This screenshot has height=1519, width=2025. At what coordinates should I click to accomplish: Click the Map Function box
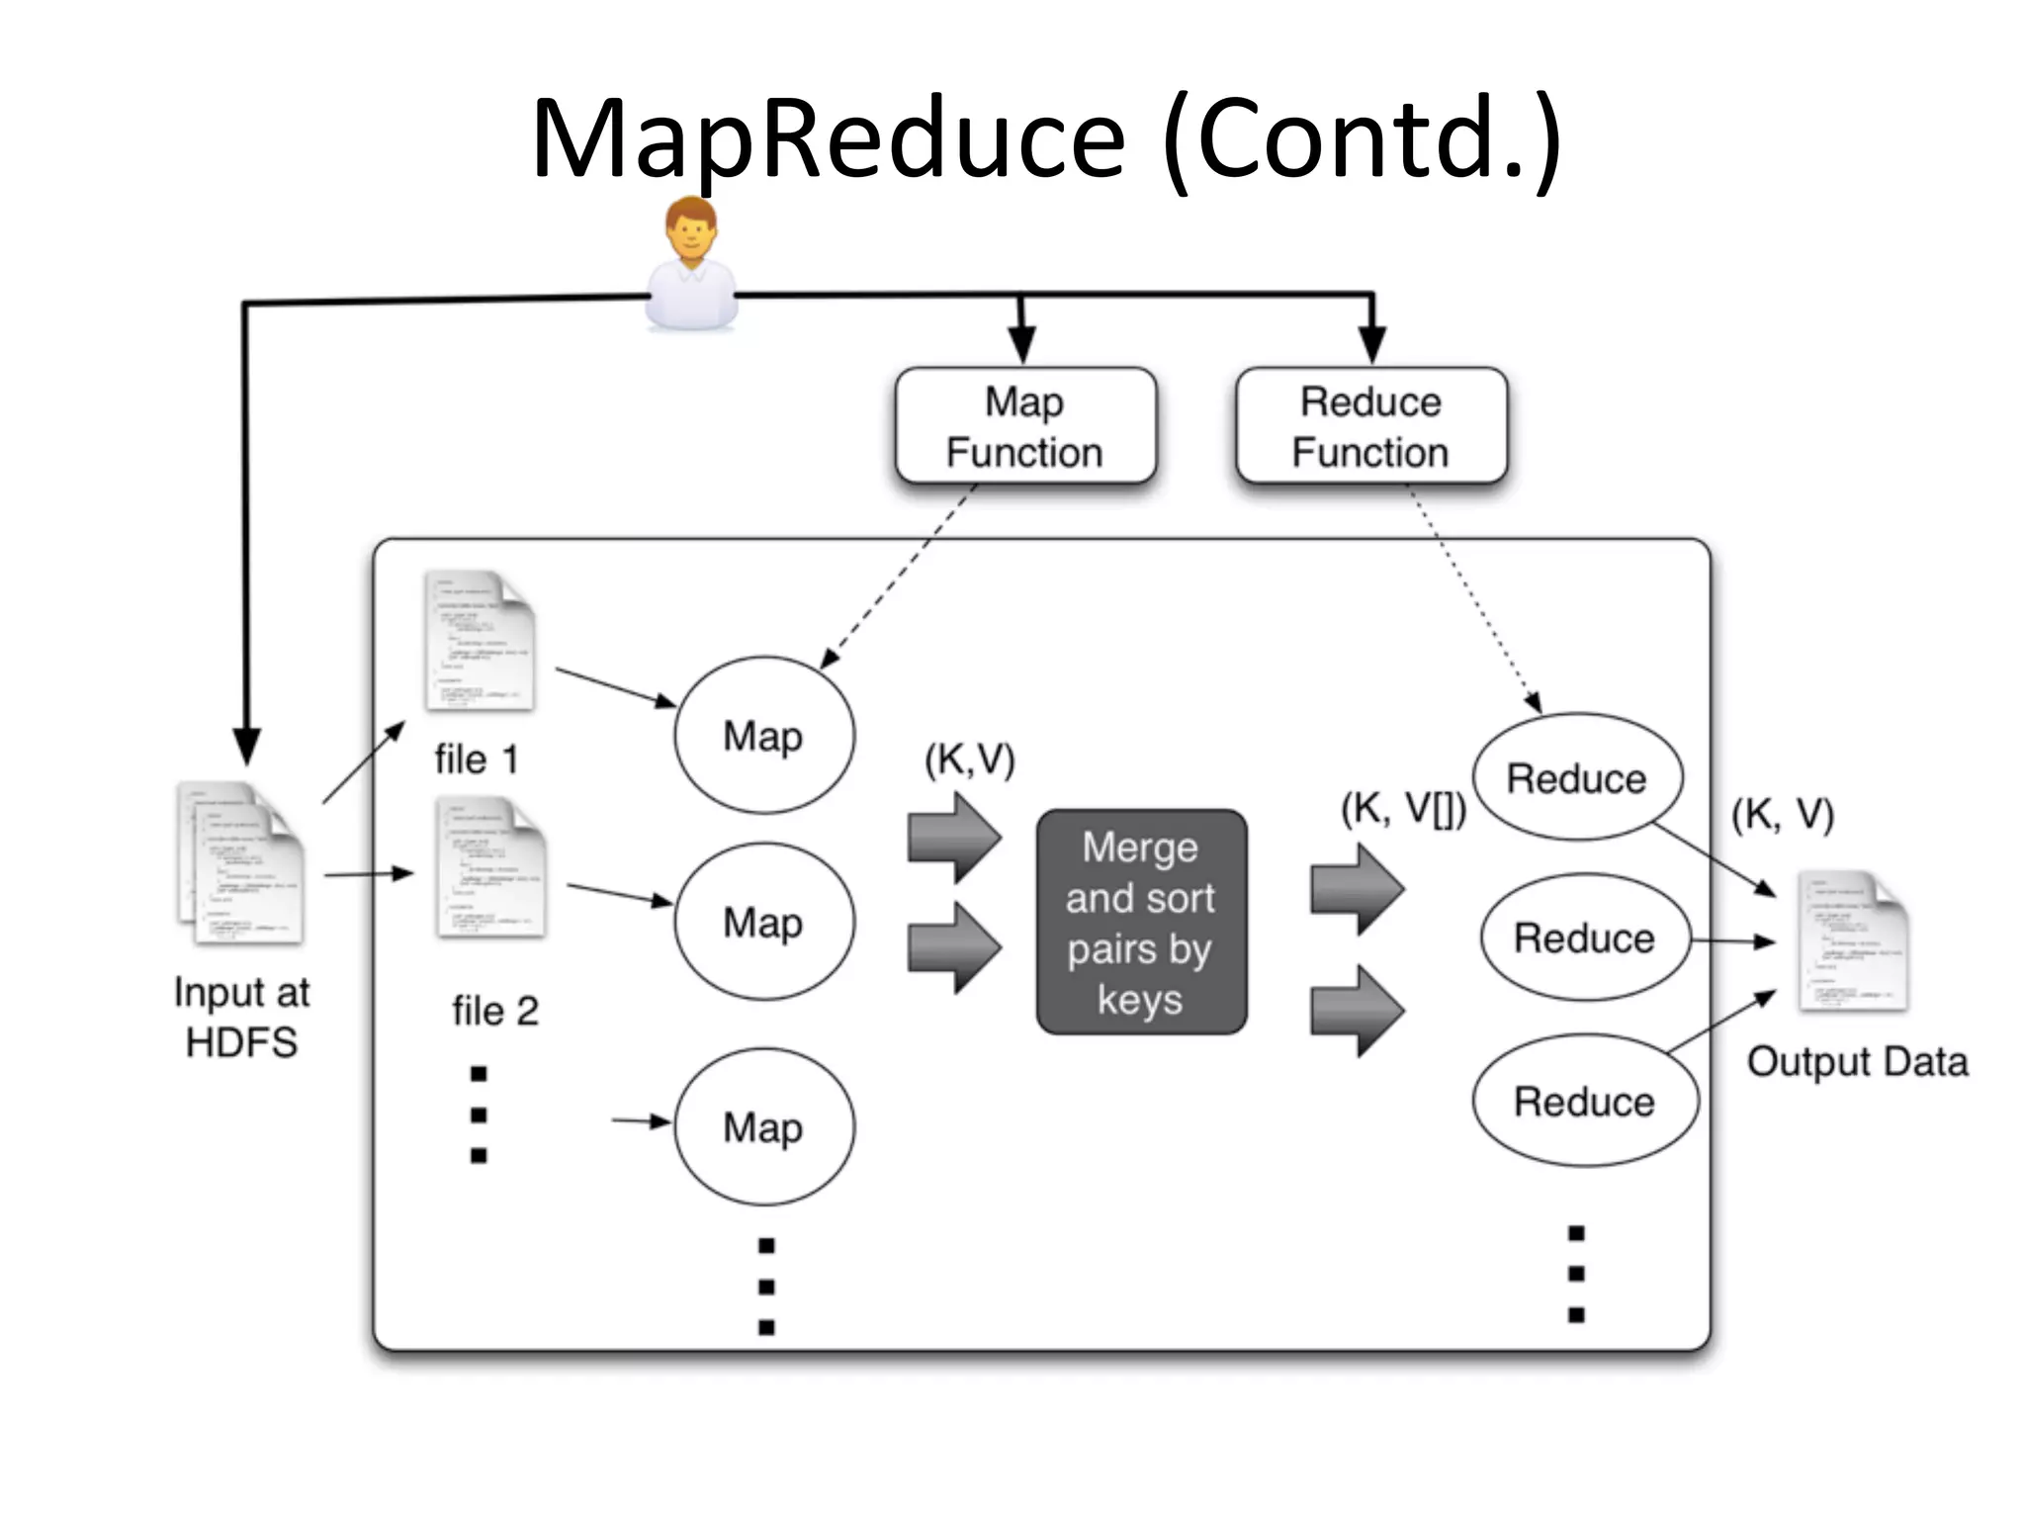[1025, 426]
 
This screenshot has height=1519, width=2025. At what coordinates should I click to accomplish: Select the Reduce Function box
[1370, 426]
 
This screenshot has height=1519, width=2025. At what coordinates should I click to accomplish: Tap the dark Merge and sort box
[1141, 922]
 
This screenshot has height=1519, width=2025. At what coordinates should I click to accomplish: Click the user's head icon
[690, 230]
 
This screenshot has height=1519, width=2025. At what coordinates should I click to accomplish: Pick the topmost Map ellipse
[764, 735]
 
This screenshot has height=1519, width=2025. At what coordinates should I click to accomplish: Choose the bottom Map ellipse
[764, 1126]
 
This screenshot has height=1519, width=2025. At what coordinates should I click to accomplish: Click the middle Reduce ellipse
[1584, 938]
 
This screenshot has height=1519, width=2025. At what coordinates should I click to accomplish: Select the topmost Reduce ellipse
[1576, 777]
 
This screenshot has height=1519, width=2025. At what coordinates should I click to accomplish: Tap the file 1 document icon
[480, 640]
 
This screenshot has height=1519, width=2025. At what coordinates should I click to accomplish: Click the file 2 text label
[495, 1011]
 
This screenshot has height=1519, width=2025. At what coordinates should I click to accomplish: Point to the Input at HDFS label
[241, 1017]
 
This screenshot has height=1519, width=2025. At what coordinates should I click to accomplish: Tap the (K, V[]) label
[1403, 809]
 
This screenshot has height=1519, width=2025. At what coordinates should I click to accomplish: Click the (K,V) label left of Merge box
[969, 759]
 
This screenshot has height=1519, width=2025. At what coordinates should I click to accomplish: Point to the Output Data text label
[1857, 1061]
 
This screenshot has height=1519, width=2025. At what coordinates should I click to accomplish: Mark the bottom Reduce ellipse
[1584, 1101]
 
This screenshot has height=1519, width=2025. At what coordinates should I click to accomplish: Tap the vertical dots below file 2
[479, 1114]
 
